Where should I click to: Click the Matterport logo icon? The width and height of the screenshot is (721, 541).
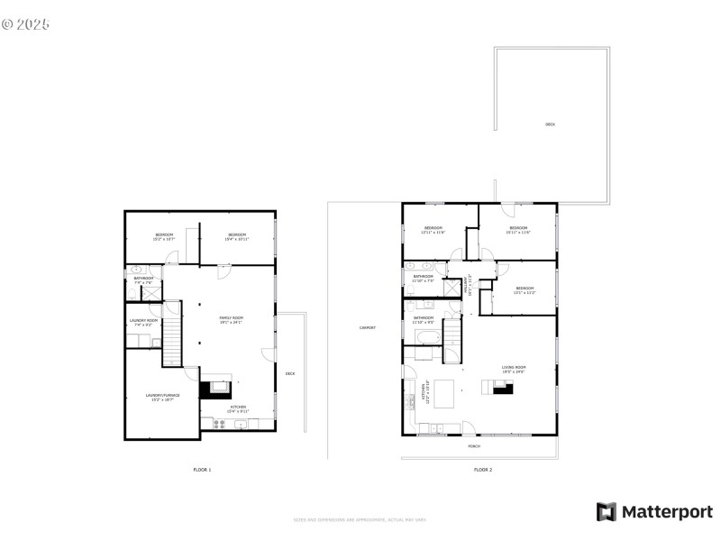pyautogui.click(x=606, y=512)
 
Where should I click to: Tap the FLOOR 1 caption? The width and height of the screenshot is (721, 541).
pyautogui.click(x=202, y=470)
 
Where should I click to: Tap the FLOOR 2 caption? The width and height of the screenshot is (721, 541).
pyautogui.click(x=484, y=470)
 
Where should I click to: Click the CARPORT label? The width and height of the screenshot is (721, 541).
pyautogui.click(x=368, y=327)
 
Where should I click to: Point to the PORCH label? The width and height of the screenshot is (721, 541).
pyautogui.click(x=474, y=446)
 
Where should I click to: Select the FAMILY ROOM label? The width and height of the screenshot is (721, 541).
pyautogui.click(x=232, y=318)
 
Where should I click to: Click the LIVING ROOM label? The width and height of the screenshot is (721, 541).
pyautogui.click(x=514, y=367)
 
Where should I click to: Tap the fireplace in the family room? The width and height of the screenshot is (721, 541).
pyautogui.click(x=215, y=389)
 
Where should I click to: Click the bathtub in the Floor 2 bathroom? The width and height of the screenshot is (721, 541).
pyautogui.click(x=427, y=338)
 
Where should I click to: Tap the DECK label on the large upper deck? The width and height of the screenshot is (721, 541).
pyautogui.click(x=550, y=124)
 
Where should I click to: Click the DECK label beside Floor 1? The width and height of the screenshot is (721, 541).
pyautogui.click(x=289, y=373)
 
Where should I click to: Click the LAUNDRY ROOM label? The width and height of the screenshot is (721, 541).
pyautogui.click(x=143, y=321)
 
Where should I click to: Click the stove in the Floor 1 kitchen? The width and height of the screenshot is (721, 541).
pyautogui.click(x=219, y=423)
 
